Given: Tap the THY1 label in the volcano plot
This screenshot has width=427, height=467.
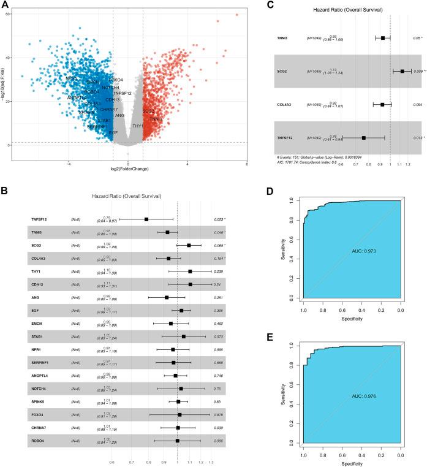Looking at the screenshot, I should click(137, 126).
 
